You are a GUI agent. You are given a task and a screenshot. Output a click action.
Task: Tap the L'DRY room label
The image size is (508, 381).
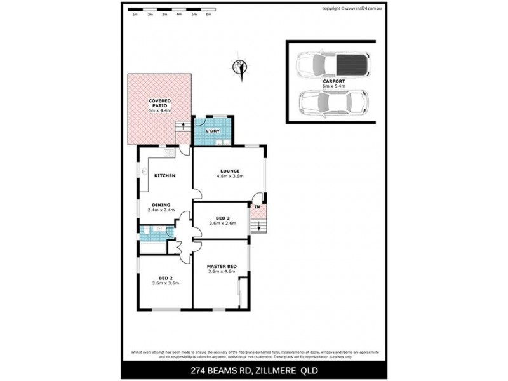(x=212, y=131)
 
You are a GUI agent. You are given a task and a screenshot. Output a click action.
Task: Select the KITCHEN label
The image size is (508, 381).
(x=164, y=175)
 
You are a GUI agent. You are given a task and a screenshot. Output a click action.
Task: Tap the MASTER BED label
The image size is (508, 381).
(x=222, y=266)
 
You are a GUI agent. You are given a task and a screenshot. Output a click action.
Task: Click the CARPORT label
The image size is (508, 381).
(x=333, y=81)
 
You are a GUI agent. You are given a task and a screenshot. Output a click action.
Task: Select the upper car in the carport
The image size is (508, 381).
(x=332, y=63)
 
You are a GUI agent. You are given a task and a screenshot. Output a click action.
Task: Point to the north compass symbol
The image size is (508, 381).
(x=240, y=67)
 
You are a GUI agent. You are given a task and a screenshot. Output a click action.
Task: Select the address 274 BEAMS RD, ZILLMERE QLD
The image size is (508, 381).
(x=254, y=370)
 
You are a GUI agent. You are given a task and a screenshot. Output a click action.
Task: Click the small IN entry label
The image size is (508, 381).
(x=257, y=208)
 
